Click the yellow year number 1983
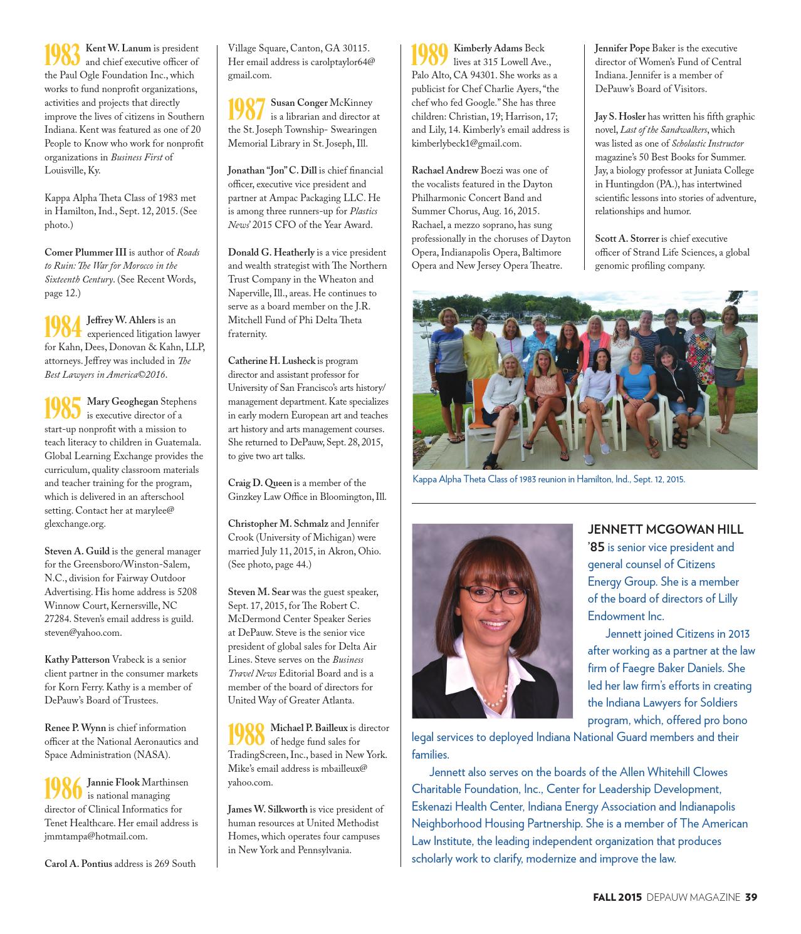pyautogui.click(x=63, y=56)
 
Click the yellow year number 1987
pyautogui.click(x=246, y=110)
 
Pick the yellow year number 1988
pyautogui.click(x=246, y=735)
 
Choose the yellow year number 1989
pyautogui.click(x=430, y=56)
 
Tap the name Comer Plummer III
pyautogui.click(x=85, y=252)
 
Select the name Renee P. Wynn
pyautogui.click(x=75, y=728)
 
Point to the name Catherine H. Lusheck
pyautogui.click(x=271, y=361)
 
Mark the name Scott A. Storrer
pyautogui.click(x=627, y=239)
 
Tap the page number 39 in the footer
pyautogui.click(x=751, y=897)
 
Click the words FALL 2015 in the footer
pyautogui.click(x=617, y=897)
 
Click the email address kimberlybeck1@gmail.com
pyautogui.click(x=466, y=143)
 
